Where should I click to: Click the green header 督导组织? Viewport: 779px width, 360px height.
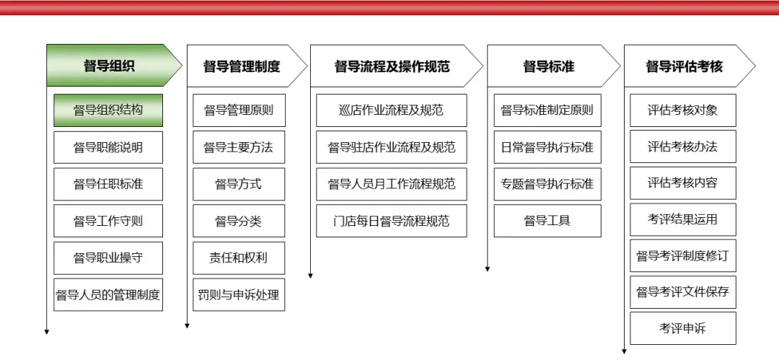(109, 66)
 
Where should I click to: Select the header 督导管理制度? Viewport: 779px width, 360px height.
(242, 66)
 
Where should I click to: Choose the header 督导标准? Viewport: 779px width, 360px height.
(549, 66)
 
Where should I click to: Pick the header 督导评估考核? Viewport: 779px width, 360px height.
(684, 66)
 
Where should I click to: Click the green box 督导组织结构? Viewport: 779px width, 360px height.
(108, 110)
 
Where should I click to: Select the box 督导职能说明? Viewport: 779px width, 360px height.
(108, 147)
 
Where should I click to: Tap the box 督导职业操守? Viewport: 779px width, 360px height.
(108, 258)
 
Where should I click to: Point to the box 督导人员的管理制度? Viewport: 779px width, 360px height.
(108, 294)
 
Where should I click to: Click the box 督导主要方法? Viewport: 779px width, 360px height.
(239, 147)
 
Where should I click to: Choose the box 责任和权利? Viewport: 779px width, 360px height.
(239, 258)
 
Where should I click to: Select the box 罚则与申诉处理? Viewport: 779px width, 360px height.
(239, 294)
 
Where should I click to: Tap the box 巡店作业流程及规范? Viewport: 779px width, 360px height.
(392, 110)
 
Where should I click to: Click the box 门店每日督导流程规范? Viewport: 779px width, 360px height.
(392, 221)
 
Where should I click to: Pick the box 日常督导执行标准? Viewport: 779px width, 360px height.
(547, 147)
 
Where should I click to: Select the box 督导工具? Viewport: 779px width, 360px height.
(547, 221)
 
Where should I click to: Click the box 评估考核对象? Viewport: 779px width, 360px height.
(683, 110)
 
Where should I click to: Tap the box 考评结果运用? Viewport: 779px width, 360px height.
(683, 219)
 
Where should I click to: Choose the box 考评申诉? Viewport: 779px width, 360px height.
(683, 328)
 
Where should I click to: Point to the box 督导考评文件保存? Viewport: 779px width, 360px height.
(683, 292)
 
